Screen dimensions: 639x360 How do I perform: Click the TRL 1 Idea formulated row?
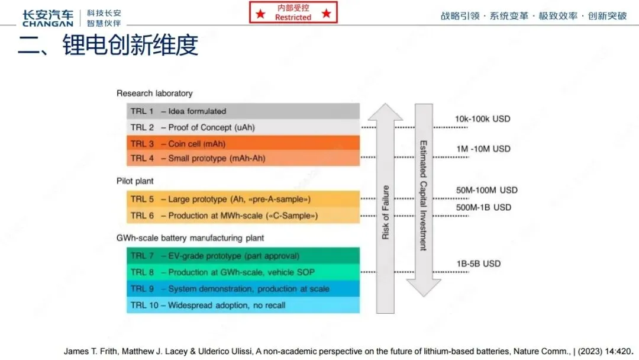243,111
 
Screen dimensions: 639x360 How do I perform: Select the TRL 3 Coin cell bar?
243,143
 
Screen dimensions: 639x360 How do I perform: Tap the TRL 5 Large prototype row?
243,199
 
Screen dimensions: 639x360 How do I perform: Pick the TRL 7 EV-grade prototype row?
243,256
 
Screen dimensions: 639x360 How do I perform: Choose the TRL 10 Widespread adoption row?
243,306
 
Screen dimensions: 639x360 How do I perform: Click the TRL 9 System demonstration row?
243,289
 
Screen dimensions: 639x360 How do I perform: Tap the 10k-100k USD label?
482,119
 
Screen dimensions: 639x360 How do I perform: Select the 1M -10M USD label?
483,149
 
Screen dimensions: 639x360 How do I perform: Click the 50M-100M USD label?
486,190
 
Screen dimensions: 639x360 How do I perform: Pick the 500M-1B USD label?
483,207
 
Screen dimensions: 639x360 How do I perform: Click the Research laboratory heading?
154,93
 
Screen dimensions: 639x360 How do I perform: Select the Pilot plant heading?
135,181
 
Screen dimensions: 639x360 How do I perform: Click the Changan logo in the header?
47,18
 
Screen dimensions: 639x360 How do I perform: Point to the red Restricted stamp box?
293,12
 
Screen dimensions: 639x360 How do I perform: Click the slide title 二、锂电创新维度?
108,46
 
